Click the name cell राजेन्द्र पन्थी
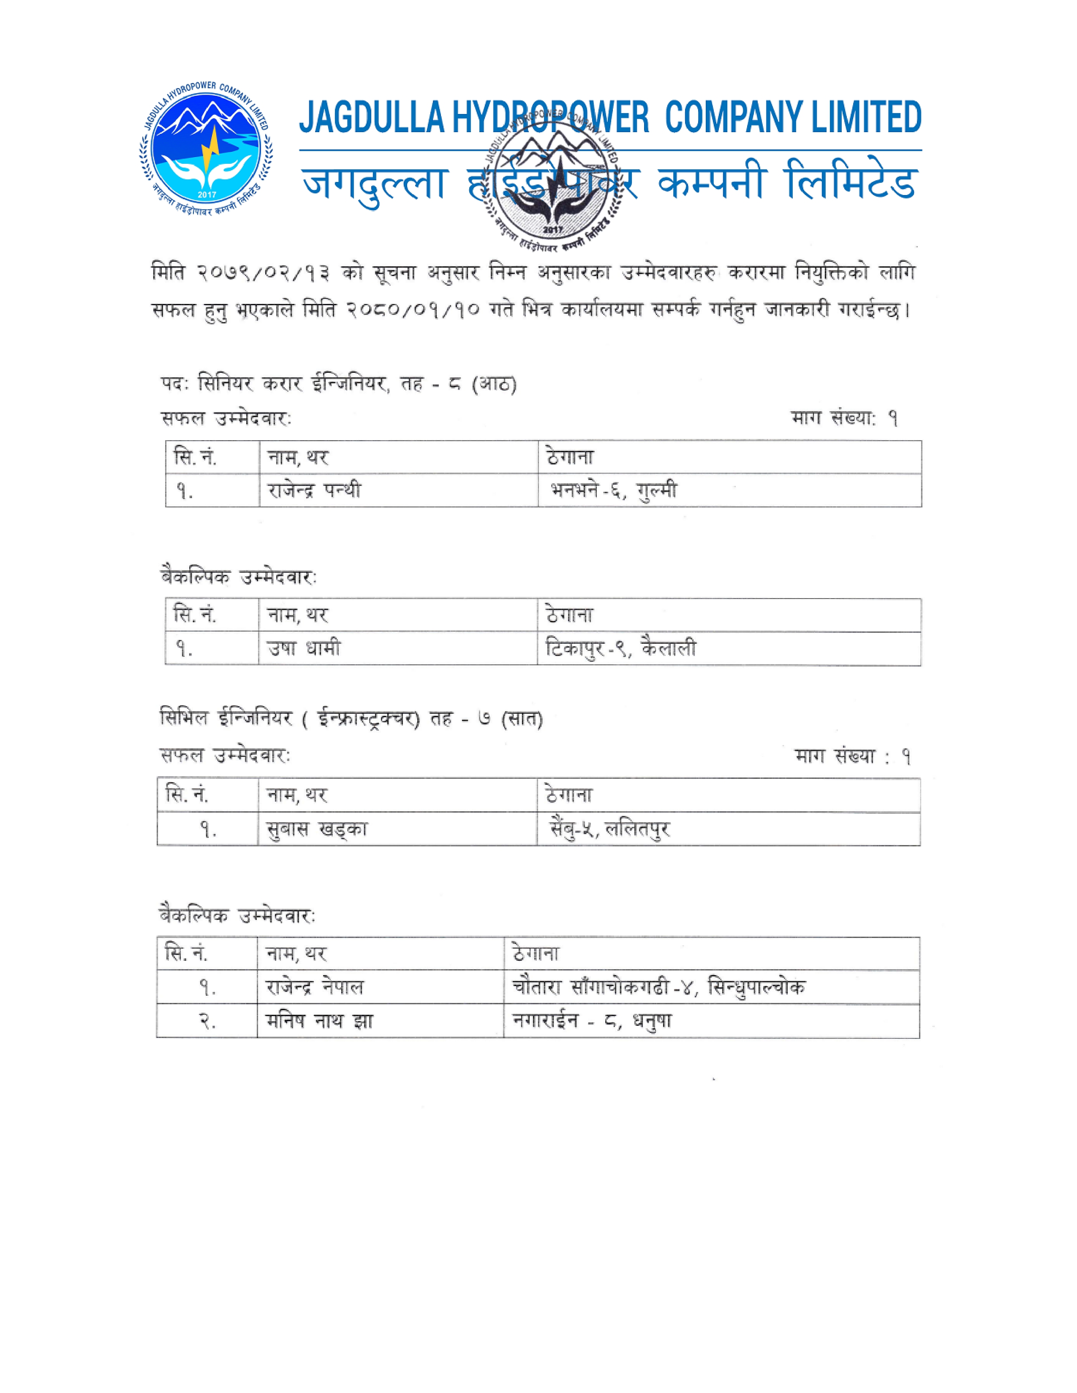pyautogui.click(x=315, y=491)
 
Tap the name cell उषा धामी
pyautogui.click(x=304, y=649)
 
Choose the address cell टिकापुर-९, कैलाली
pyautogui.click(x=620, y=649)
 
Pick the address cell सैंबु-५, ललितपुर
pyautogui.click(x=610, y=829)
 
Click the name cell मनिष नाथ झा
pyautogui.click(x=319, y=1021)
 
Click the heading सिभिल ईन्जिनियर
pyautogui.click(x=226, y=719)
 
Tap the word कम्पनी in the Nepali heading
pyautogui.click(x=710, y=184)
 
